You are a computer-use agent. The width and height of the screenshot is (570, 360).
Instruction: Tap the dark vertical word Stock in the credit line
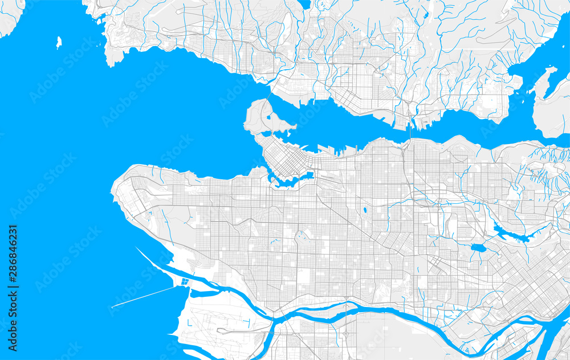tap(13, 335)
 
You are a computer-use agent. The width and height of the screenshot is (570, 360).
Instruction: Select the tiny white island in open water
tap(59, 42)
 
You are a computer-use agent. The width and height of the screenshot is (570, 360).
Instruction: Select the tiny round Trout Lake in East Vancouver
tap(364, 211)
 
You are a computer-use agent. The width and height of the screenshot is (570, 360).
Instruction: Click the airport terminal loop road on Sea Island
tap(228, 330)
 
